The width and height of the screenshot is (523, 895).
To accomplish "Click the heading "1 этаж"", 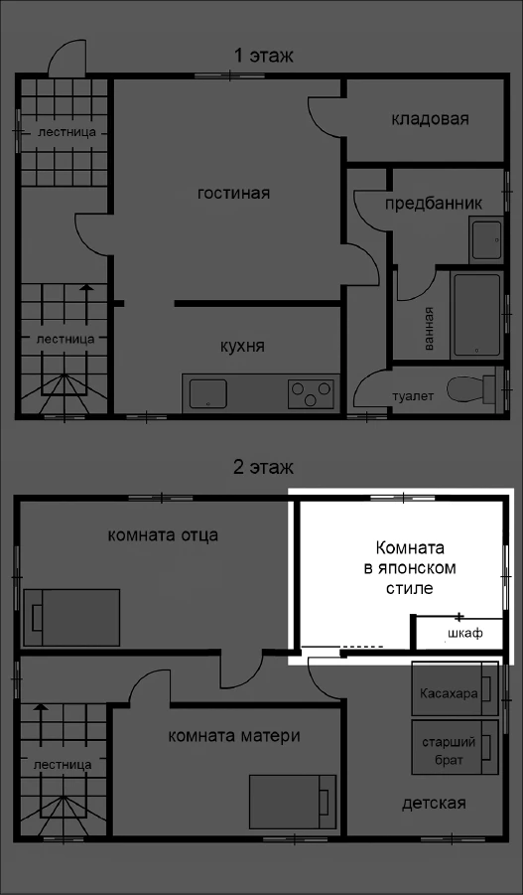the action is coord(264,56).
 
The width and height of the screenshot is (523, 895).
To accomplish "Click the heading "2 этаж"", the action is coord(264,468).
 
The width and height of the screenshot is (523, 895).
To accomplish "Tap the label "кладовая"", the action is coord(430,119).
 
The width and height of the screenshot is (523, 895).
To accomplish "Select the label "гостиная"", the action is coord(233,193).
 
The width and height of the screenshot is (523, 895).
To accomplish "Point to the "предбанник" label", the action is coord(434,204).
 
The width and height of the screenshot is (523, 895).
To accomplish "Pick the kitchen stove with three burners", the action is coord(311,393).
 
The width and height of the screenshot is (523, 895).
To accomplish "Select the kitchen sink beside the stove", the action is coord(208,393).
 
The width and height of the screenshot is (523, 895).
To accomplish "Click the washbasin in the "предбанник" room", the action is coord(486,239).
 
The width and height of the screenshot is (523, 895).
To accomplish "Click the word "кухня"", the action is coord(242,347).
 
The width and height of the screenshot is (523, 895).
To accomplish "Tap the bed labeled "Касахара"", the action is coord(456,688).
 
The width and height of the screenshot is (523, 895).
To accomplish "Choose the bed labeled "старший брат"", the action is coord(456,747).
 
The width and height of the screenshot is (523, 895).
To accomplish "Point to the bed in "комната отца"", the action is coord(71,618).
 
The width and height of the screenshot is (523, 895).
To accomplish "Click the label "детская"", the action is coord(434,803).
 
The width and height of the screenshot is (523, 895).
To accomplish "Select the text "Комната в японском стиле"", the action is coord(410,568).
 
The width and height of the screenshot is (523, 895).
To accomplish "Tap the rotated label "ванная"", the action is coord(429,328).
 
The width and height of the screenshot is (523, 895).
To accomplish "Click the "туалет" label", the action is coord(413,396).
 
